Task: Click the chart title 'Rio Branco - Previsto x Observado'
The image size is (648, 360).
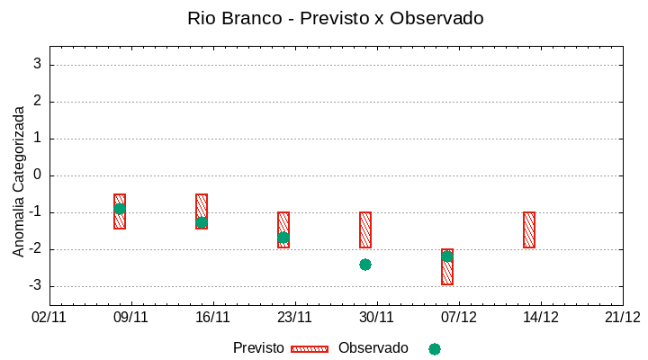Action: [x=335, y=18]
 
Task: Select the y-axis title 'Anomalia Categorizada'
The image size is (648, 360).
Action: [x=19, y=181]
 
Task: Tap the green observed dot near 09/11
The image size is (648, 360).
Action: [x=120, y=209]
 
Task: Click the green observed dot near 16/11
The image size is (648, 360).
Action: [x=202, y=222]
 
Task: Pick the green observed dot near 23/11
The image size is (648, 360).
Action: [x=283, y=238]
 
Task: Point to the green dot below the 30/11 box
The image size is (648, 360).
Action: [x=365, y=265]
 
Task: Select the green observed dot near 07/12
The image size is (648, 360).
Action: [x=447, y=256]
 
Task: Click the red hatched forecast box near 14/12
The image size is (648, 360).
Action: [x=529, y=229]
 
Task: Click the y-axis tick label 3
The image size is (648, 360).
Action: [x=38, y=64]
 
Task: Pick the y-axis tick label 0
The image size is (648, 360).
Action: [x=38, y=175]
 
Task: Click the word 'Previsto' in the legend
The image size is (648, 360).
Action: [x=258, y=348]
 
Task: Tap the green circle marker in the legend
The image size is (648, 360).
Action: [x=435, y=349]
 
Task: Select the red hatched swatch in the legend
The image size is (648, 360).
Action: [x=310, y=349]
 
